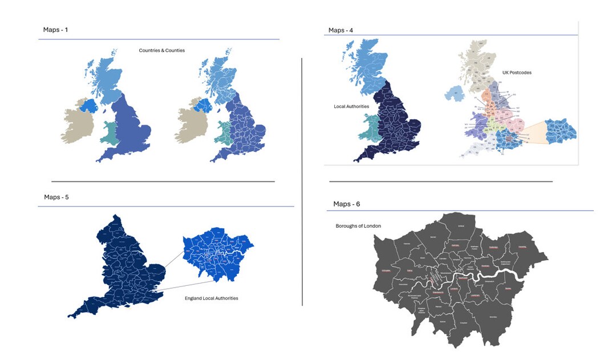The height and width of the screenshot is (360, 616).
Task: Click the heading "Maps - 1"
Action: [x=55, y=30]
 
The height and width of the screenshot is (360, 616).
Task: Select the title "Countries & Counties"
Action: [x=161, y=51]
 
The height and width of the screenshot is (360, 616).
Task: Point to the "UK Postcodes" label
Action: [x=517, y=73]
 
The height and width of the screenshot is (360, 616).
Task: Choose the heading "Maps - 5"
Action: [x=56, y=197]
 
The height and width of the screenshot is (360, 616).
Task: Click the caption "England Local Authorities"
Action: [x=211, y=298]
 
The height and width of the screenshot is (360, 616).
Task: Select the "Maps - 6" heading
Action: [x=346, y=204]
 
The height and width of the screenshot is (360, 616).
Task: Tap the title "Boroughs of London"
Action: [x=358, y=226]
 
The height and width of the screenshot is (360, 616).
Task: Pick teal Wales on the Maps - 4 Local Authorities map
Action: [x=369, y=128]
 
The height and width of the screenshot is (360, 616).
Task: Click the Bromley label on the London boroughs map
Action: [x=492, y=317]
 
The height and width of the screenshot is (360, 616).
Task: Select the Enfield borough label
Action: [x=461, y=226]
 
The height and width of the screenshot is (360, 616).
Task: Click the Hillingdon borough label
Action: [x=386, y=270]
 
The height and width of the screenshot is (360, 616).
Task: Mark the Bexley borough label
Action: [x=508, y=289]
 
